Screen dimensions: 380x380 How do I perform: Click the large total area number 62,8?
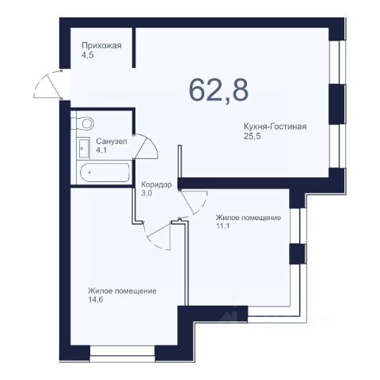point(218,90)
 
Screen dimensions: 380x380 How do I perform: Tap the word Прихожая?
point(101,46)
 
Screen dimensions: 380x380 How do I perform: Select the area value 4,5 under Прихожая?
point(88,55)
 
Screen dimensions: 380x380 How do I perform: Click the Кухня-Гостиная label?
point(275,127)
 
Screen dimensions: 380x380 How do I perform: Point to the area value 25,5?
point(251,136)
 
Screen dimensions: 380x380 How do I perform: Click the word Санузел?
point(112,142)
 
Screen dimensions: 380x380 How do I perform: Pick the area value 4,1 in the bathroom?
point(101,150)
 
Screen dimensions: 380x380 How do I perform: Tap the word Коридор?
point(157,184)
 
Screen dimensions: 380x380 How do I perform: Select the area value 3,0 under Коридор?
point(146,193)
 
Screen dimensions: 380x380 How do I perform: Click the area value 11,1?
point(222,226)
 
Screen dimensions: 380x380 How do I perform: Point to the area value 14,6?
point(95,300)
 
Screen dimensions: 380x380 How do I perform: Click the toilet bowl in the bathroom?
point(85,123)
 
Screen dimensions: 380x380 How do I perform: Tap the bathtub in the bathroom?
point(104,173)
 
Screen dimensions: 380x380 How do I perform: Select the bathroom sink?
point(84,149)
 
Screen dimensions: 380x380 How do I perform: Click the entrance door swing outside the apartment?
point(47,85)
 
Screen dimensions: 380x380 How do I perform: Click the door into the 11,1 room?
point(193,203)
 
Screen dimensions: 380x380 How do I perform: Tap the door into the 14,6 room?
point(158,235)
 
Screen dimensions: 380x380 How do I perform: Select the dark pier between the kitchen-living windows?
point(336,104)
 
